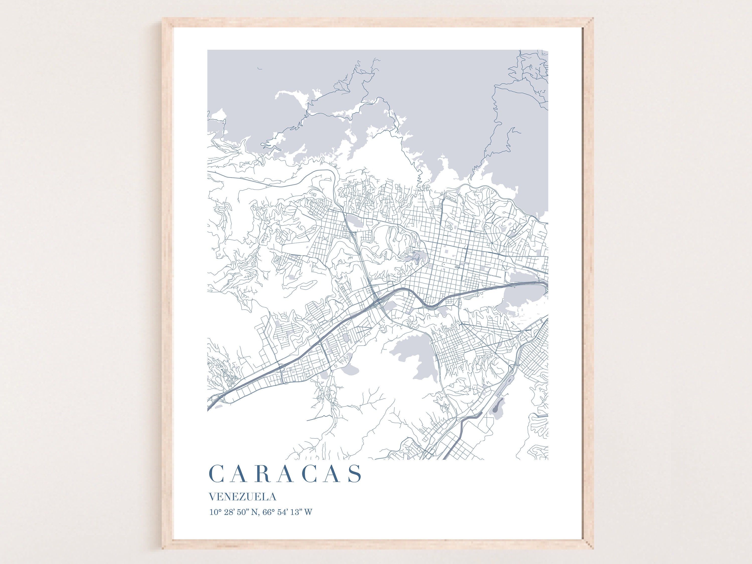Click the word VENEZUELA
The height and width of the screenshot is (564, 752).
click(x=242, y=497)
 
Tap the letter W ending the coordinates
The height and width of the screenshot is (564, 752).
click(x=308, y=512)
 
